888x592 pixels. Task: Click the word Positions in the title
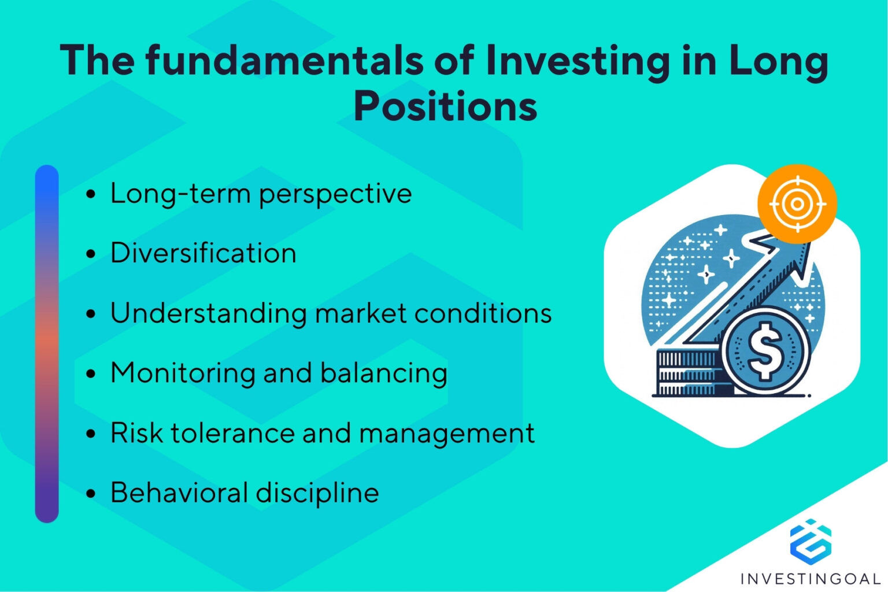pos(445,105)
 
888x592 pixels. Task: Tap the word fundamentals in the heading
pos(284,60)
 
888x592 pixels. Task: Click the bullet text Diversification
pos(203,253)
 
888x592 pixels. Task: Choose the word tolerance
pos(232,432)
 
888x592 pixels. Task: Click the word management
pos(447,434)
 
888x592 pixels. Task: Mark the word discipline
pos(317,494)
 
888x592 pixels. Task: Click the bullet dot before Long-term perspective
pos(91,194)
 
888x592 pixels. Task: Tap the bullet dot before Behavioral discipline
pos(91,493)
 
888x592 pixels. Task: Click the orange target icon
pos(797,204)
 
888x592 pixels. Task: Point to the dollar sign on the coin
pos(765,351)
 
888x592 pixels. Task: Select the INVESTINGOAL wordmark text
pos(811,579)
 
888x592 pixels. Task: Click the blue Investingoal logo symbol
pos(811,542)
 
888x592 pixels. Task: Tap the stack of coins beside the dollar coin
pos(688,372)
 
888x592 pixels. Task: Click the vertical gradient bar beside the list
pos(47,344)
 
